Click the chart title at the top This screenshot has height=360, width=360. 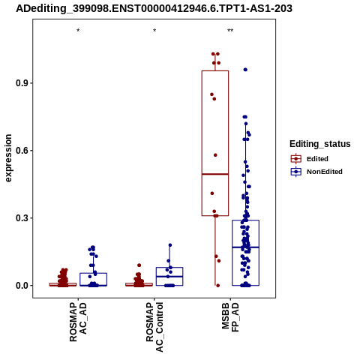tap(154, 8)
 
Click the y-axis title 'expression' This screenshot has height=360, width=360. tap(8, 158)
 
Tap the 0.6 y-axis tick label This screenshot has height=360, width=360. tap(22, 151)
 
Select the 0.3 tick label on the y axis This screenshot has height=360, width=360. tap(22, 218)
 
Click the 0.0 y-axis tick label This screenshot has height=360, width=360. tap(22, 286)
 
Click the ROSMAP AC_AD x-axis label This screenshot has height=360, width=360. tap(78, 322)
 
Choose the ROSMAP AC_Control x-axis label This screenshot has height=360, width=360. tap(154, 327)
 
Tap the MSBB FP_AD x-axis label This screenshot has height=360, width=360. tap(230, 317)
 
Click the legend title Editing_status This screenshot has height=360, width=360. tap(320, 144)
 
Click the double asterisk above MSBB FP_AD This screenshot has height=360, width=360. tap(230, 31)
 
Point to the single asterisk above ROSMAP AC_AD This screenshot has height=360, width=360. tap(78, 31)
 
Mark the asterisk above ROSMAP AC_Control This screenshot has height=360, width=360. tap(154, 31)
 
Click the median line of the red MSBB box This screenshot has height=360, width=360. tap(215, 174)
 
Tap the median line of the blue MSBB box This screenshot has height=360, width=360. tap(245, 247)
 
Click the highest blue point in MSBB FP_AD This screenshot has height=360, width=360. tap(245, 70)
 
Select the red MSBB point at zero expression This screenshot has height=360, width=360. tap(217, 286)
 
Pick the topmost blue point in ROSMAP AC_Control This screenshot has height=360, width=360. tap(170, 245)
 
